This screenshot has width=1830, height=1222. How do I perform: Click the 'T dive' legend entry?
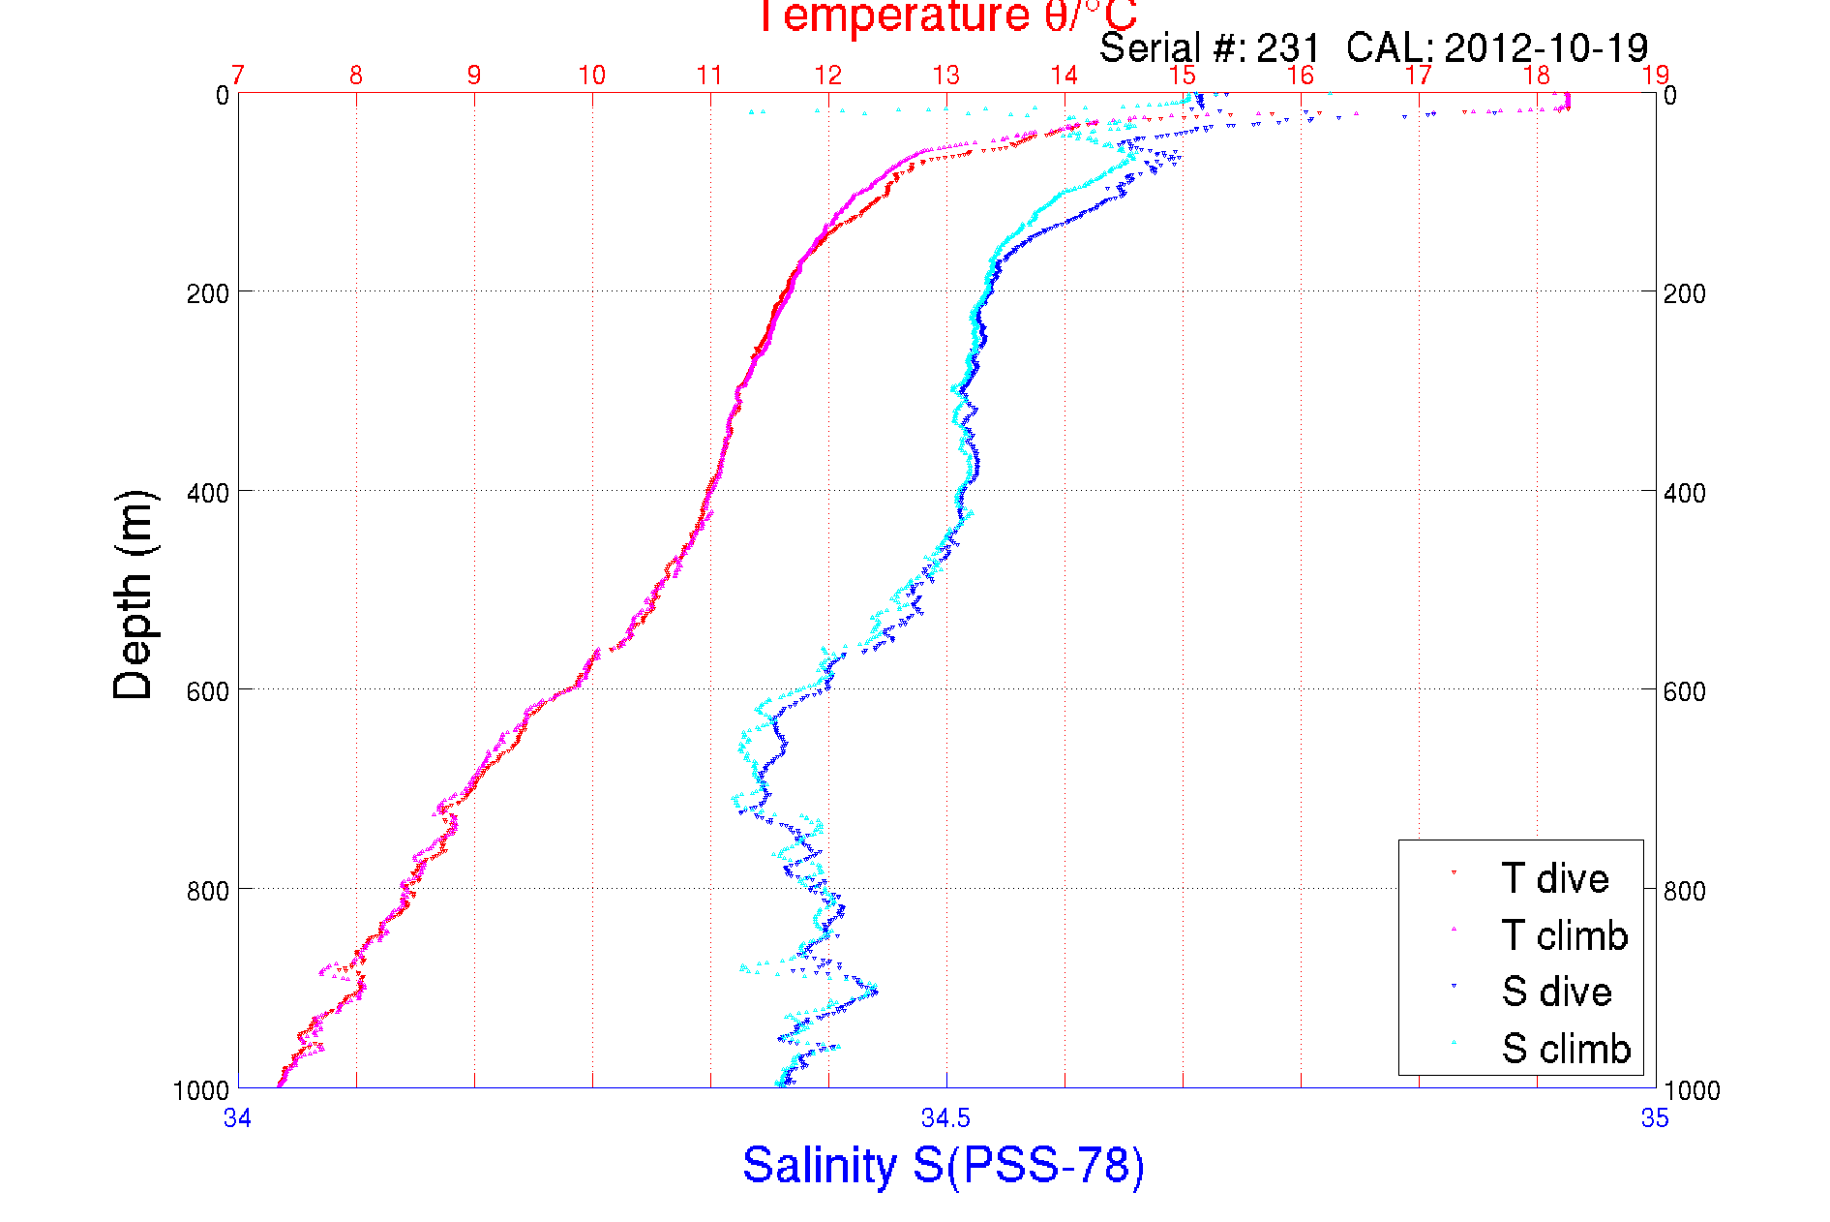(1554, 878)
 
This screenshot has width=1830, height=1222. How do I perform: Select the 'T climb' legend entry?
(1564, 935)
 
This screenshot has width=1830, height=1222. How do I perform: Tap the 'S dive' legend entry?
(1556, 992)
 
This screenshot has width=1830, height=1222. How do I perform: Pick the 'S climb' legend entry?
(1566, 1049)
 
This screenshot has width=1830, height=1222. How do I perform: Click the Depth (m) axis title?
(134, 595)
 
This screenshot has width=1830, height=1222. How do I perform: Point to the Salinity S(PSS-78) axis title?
(944, 1165)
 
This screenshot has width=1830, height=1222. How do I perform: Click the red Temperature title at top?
(945, 15)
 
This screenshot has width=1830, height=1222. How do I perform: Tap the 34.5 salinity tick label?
(945, 1118)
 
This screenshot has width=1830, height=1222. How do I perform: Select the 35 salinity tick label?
(1655, 1118)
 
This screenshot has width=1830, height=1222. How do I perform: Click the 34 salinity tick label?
(237, 1118)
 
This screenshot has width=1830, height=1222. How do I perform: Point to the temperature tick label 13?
(945, 76)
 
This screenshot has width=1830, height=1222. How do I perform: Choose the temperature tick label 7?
(238, 76)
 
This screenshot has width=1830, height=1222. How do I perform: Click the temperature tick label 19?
(1655, 76)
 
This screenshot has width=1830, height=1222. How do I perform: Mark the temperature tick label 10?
(591, 76)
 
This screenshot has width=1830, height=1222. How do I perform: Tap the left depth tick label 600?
(207, 691)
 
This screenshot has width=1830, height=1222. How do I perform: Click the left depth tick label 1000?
(201, 1090)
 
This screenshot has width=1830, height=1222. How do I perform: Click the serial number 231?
(1288, 47)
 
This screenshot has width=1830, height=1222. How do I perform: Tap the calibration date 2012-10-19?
(1545, 47)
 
